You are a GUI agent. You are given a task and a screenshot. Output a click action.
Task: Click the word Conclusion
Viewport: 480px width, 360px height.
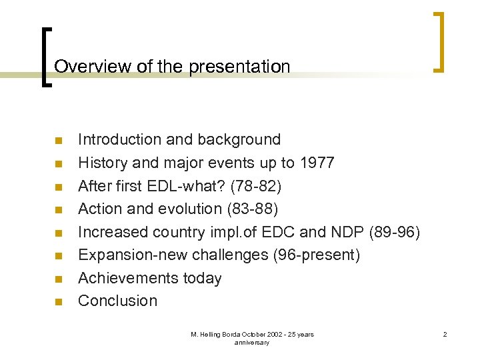click(x=117, y=301)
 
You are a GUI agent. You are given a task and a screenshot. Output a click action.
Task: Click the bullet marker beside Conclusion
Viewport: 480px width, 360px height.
click(x=58, y=302)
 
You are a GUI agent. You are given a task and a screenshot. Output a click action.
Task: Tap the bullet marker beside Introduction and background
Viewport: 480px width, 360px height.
click(x=58, y=141)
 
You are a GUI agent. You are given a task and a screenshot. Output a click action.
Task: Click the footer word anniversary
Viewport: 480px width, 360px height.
click(x=252, y=342)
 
